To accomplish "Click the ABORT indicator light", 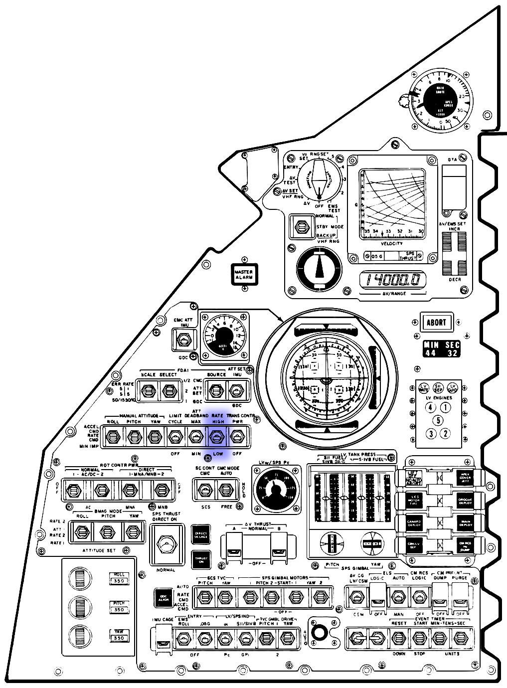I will coord(436,323).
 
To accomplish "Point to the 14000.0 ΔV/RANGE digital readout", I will coord(393,280).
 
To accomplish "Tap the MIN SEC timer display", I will coord(441,349).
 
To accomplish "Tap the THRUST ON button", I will coord(201,559).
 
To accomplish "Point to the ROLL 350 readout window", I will coord(119,578).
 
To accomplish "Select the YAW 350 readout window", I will coord(119,635).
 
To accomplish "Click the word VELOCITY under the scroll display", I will coord(391,243).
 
